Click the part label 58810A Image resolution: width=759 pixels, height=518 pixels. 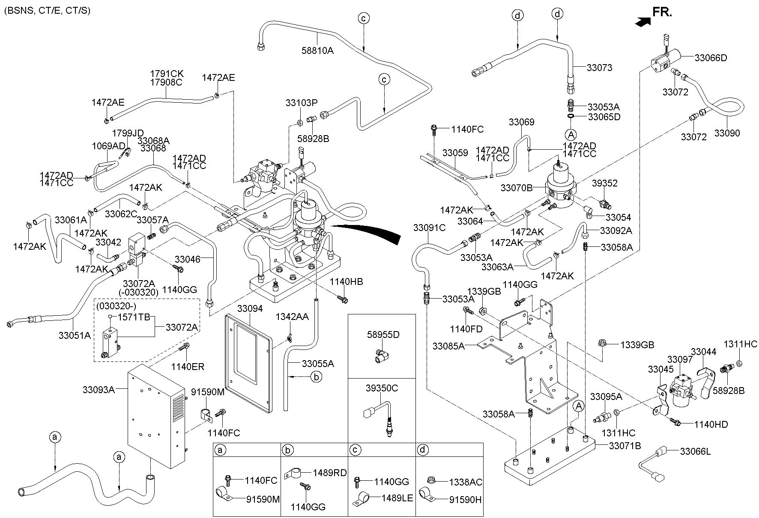point(317,50)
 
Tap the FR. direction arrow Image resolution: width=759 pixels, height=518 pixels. point(641,23)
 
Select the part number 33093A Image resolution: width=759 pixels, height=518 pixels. point(99,390)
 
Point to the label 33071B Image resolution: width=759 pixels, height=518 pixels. point(625,446)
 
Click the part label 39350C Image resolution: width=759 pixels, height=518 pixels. point(382,388)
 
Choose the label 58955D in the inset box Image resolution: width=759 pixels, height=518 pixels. point(383,334)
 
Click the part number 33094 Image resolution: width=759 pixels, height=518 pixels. point(250,308)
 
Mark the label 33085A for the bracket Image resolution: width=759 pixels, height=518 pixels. point(448,346)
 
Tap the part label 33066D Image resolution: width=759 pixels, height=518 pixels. point(711,58)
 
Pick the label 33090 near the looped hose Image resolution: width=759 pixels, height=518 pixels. point(727,133)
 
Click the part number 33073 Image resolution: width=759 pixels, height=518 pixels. point(599,68)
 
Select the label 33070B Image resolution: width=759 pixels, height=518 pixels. point(517,187)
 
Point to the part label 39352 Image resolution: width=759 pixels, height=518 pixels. point(605,183)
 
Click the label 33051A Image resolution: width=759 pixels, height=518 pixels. point(75,335)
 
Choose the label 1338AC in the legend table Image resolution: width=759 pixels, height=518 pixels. point(465,482)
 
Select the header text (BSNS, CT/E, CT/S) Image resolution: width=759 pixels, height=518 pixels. point(47,10)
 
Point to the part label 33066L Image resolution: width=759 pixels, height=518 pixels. point(695,451)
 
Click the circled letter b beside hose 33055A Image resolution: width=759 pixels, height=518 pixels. point(316,377)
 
